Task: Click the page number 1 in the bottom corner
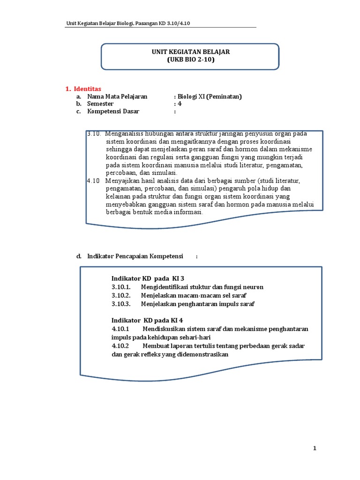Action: (315, 449)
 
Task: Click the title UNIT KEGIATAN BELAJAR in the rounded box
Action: (190, 52)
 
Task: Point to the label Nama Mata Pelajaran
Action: (117, 97)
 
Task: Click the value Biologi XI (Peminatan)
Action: (209, 97)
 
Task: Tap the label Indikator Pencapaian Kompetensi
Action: (135, 256)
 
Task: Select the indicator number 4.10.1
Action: (120, 329)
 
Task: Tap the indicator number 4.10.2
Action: (120, 346)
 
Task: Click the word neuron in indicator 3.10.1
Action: (253, 287)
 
